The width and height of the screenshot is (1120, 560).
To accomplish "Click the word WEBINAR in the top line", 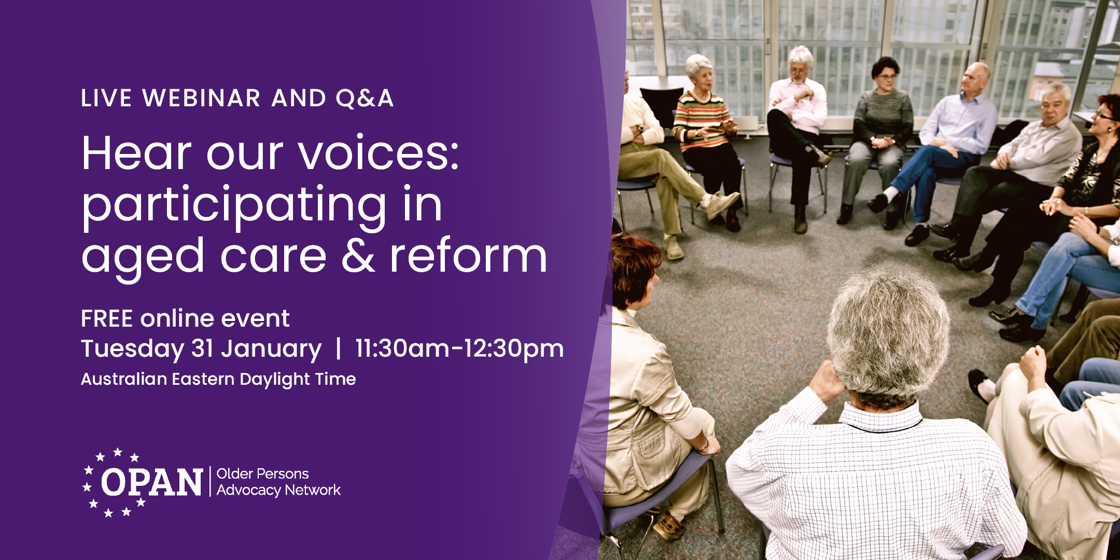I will (x=201, y=99).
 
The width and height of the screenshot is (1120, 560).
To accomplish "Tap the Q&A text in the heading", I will (x=365, y=99).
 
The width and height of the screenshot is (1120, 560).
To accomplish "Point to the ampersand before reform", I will (x=358, y=256).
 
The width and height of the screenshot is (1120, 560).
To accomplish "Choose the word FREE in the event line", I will (x=107, y=318).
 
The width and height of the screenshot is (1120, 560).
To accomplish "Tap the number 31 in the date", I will (x=203, y=348).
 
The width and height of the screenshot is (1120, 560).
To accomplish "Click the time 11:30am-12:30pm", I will (x=459, y=348).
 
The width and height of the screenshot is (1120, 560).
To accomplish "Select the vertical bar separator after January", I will (x=338, y=348).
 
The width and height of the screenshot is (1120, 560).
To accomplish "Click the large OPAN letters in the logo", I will (x=151, y=482).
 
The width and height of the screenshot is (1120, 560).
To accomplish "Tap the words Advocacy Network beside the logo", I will (x=278, y=490).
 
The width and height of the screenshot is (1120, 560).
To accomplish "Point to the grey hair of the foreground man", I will (x=888, y=327).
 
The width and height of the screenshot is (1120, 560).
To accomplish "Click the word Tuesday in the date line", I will (x=132, y=348).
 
